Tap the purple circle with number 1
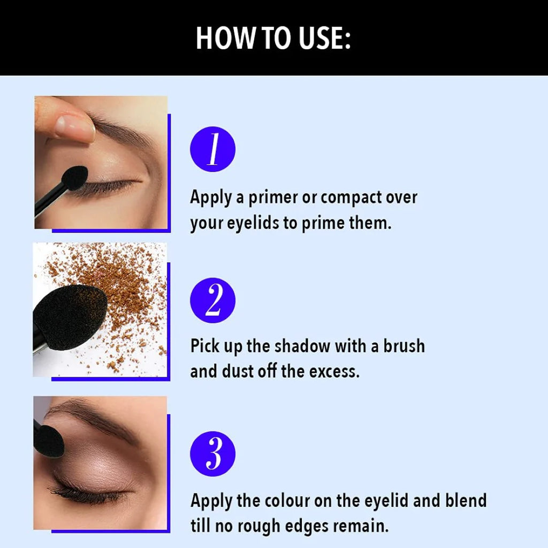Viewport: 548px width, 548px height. pos(212,149)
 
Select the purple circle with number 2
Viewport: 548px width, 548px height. pos(212,300)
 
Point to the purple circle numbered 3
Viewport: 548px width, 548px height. pos(212,454)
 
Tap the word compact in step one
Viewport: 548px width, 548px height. pos(351,198)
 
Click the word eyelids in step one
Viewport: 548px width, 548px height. pos(253,224)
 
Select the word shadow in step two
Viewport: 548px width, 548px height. pos(302,346)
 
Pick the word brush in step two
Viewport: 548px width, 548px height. pos(404,346)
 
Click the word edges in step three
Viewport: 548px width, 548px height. pos(307,527)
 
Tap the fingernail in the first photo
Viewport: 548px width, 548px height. pos(75,127)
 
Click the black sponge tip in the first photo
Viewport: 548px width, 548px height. pos(74,178)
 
